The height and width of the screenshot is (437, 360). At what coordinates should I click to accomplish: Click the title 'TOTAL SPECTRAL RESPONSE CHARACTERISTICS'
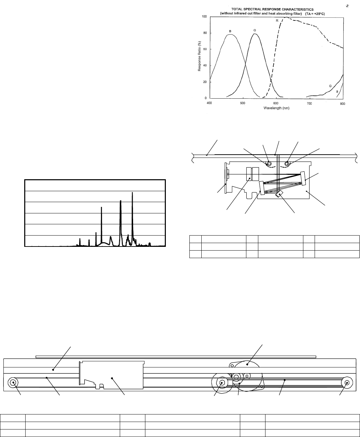272,10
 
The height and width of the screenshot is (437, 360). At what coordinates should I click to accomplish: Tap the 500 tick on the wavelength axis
242,103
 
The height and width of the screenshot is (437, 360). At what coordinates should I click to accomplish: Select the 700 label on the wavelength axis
309,103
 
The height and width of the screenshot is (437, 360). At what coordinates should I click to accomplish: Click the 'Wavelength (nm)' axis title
276,108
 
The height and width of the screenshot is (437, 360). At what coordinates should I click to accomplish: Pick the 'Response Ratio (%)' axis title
199,56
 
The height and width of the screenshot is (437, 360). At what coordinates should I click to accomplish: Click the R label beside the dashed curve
277,20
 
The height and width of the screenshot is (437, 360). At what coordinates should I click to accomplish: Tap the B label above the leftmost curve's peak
230,31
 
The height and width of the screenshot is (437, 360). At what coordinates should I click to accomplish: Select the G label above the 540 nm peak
255,30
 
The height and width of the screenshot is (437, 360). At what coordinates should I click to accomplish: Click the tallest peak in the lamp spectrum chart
132,193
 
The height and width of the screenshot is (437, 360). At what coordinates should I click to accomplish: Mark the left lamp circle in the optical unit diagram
269,164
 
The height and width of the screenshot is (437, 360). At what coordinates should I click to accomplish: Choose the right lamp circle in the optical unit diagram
287,164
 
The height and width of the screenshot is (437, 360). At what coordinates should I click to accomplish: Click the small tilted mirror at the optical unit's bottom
279,194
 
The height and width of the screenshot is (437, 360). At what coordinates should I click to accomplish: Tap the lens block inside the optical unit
253,174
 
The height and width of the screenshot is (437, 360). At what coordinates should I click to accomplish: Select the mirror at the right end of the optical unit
303,179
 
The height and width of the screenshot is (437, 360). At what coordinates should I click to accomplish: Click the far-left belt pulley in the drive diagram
13,383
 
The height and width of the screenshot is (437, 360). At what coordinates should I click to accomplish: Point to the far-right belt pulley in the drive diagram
347,383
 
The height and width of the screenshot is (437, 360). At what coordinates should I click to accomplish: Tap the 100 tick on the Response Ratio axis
204,16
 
